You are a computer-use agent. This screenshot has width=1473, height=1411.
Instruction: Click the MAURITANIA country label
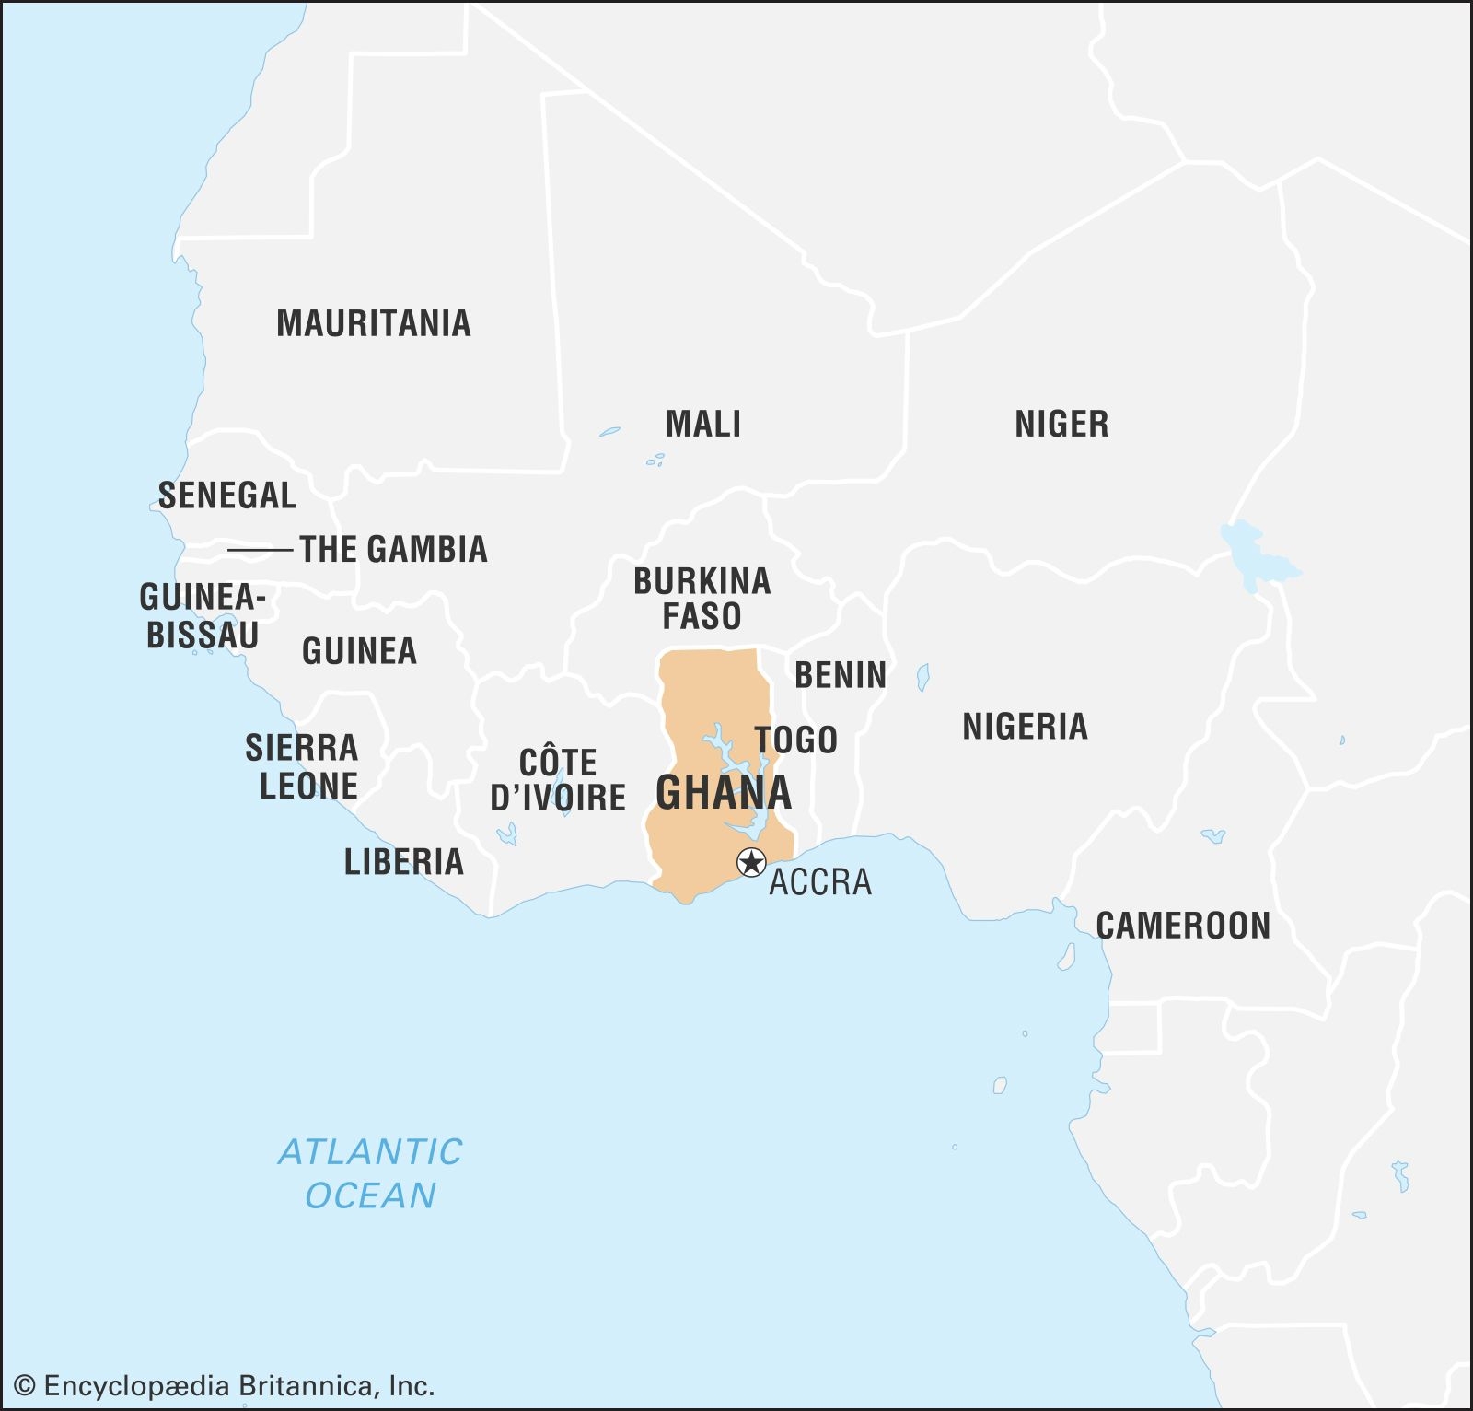click(x=373, y=323)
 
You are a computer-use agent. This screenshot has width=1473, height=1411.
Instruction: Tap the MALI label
click(x=702, y=424)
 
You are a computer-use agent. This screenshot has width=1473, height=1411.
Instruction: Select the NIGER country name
click(x=1061, y=424)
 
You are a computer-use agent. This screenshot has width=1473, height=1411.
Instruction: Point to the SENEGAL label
click(x=227, y=496)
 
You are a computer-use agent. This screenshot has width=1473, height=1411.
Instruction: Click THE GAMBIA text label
click(x=393, y=549)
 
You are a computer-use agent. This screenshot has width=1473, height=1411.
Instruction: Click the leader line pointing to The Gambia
click(x=259, y=550)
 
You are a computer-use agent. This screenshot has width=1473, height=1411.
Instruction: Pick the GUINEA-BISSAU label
click(x=203, y=616)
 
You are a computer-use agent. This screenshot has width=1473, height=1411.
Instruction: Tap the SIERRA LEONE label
click(x=302, y=766)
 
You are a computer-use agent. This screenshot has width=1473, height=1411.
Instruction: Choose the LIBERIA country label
click(x=403, y=862)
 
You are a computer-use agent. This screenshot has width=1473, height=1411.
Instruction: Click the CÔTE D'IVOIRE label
click(x=558, y=780)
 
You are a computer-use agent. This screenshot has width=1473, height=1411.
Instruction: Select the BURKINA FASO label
click(x=702, y=599)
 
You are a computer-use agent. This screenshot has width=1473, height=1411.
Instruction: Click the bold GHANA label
click(x=723, y=793)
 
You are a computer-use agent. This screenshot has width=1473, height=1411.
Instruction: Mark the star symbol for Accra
click(x=751, y=863)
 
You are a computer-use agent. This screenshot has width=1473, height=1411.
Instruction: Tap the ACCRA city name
click(x=819, y=882)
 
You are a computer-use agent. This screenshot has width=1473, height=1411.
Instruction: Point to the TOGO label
click(x=796, y=740)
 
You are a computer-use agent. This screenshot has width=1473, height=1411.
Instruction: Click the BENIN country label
click(x=840, y=675)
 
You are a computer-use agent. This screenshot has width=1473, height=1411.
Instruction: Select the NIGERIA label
click(x=1025, y=727)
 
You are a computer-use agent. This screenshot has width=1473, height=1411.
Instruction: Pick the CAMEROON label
click(x=1182, y=926)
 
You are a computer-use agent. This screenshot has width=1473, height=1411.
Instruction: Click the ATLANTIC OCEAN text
click(x=370, y=1173)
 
